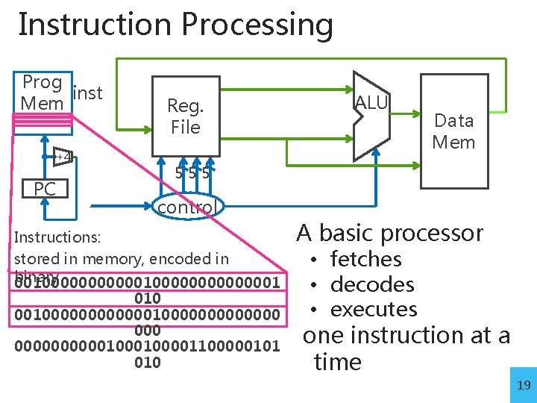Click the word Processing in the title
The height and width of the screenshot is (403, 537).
tap(257, 25)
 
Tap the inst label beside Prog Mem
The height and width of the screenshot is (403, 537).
tap(89, 93)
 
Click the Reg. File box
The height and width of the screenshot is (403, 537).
tap(185, 117)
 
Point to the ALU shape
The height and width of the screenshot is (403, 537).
tap(371, 116)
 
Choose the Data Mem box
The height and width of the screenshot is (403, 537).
tap(453, 131)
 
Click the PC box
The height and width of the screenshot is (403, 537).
tap(45, 190)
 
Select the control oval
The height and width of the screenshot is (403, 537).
tap(186, 206)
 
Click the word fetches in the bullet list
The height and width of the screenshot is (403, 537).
tap(365, 260)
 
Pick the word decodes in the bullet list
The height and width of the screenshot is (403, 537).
tap(371, 284)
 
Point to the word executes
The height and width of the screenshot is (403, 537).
tap(373, 309)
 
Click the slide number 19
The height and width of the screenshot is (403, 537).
tap(523, 385)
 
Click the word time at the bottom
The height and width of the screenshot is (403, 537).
tap(337, 362)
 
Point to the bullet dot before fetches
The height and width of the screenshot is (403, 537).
tap(316, 260)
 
